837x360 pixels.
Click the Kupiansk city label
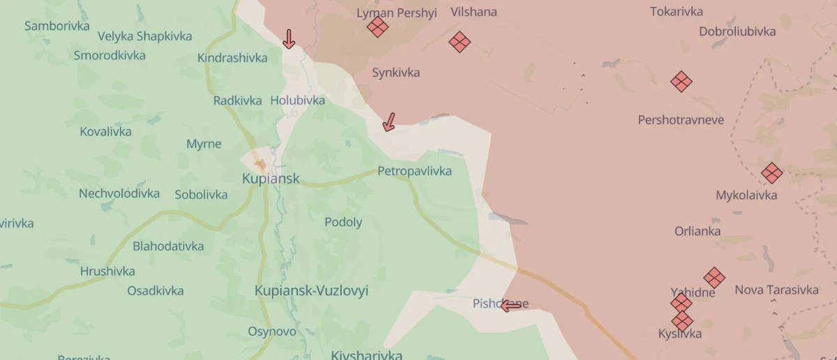(271, 179)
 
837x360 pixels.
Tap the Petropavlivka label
(414, 171)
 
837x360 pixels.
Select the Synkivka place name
(395, 73)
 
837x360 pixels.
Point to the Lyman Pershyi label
(396, 13)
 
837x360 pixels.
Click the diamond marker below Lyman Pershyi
(377, 27)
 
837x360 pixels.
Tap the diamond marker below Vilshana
(459, 42)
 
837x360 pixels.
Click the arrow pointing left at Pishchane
(511, 306)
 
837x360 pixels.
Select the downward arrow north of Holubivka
(288, 39)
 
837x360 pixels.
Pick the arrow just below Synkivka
(389, 123)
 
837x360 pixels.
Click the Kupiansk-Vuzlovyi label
(311, 291)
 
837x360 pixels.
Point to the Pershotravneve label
(681, 120)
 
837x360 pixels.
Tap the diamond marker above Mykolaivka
(771, 173)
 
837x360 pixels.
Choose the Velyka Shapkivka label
(144, 36)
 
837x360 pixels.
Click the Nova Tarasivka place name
(776, 290)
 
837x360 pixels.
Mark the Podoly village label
(343, 223)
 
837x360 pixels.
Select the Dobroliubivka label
(737, 31)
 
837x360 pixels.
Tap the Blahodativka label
(168, 246)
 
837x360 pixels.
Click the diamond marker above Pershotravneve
(681, 82)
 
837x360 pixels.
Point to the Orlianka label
(697, 232)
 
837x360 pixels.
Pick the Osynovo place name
(272, 331)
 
